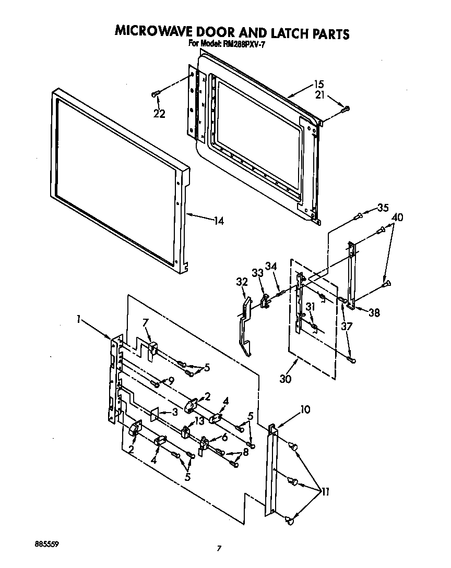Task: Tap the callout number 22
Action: point(159,114)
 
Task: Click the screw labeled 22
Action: point(155,94)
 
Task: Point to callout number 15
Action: point(319,84)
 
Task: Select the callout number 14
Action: point(218,221)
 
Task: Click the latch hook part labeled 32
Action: point(243,329)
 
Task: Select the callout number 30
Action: point(285,379)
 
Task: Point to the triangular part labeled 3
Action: point(154,415)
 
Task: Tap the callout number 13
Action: point(199,421)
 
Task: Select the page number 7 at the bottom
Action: point(220,548)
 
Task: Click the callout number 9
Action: point(171,381)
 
